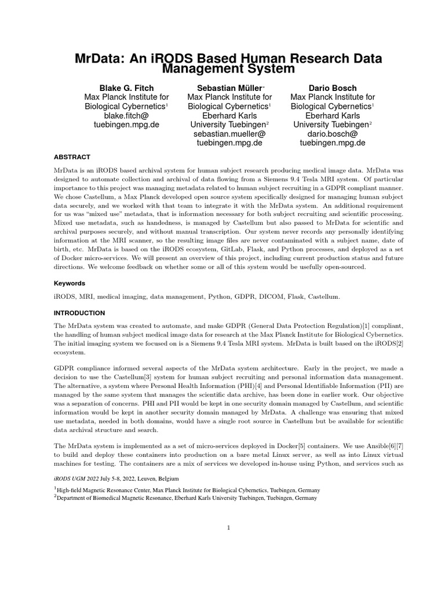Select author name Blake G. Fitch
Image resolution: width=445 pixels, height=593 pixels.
tap(127, 88)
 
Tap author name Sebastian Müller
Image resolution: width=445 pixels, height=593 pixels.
tap(228, 88)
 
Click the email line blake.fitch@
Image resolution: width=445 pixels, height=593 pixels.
tap(127, 116)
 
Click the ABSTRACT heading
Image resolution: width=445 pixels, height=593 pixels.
tap(72, 157)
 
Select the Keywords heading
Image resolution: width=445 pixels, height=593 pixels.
tap(70, 283)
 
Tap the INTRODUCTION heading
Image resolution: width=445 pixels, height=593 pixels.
tap(80, 313)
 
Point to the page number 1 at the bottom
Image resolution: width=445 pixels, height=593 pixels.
tap(229, 528)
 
